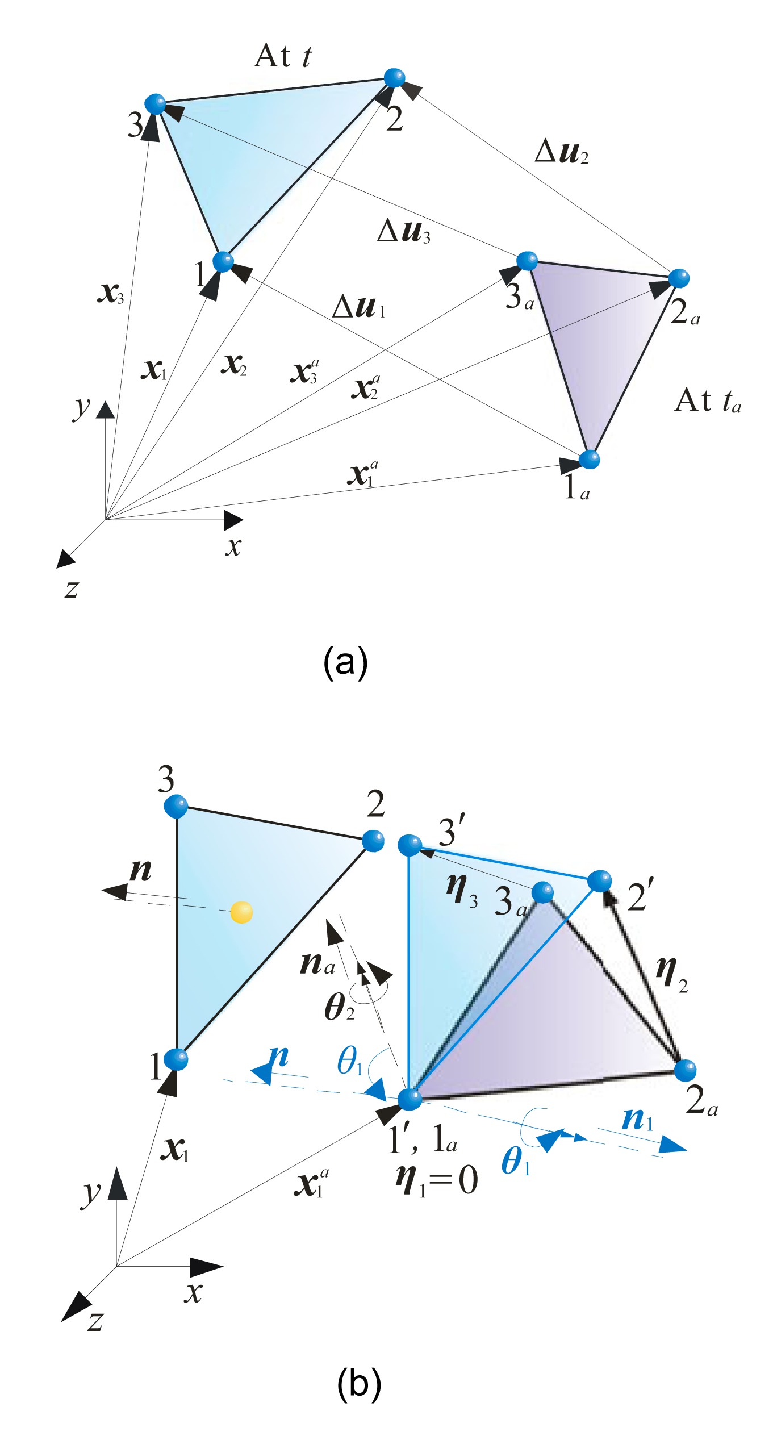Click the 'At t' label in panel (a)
(x=282, y=56)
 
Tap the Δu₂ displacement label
(x=561, y=152)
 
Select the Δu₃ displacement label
(x=403, y=232)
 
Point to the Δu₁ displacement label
(x=358, y=307)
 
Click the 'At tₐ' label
(x=707, y=401)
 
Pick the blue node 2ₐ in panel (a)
(x=678, y=278)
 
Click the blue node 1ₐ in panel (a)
(x=589, y=459)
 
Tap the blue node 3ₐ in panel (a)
(x=528, y=261)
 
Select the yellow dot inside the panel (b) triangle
(x=241, y=912)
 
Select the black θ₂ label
(x=339, y=1007)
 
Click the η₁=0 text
(x=436, y=1180)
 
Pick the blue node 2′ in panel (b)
(x=599, y=881)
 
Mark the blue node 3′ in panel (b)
(x=410, y=845)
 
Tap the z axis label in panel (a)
(x=71, y=588)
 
